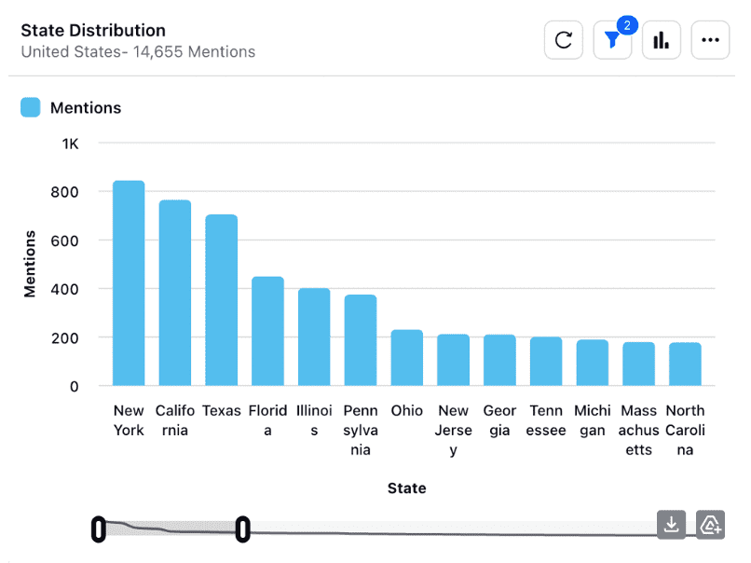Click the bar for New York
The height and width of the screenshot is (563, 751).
pyautogui.click(x=129, y=283)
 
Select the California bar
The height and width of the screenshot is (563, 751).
pyautogui.click(x=175, y=293)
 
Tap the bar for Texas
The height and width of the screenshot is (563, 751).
pyautogui.click(x=222, y=300)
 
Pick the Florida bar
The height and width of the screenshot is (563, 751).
pyautogui.click(x=267, y=331)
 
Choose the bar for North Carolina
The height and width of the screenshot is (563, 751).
pyautogui.click(x=685, y=364)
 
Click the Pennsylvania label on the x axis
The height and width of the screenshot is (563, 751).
pyautogui.click(x=361, y=430)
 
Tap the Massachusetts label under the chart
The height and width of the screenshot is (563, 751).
pyautogui.click(x=639, y=430)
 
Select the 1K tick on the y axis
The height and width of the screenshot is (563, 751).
pyautogui.click(x=71, y=144)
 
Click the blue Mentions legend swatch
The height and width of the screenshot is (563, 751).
pyautogui.click(x=31, y=107)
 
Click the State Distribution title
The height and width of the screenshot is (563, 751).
pyautogui.click(x=93, y=31)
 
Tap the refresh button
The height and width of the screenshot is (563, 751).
pyautogui.click(x=564, y=40)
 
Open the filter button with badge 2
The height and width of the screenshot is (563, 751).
pyautogui.click(x=612, y=40)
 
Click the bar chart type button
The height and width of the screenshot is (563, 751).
pyautogui.click(x=662, y=40)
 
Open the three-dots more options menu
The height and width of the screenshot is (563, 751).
pyautogui.click(x=710, y=40)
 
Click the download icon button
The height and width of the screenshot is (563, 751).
pyautogui.click(x=671, y=525)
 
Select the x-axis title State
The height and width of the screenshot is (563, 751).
pyautogui.click(x=407, y=487)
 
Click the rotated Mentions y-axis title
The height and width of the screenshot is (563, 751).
pyautogui.click(x=30, y=264)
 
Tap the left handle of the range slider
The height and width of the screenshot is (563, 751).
pyautogui.click(x=98, y=529)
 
